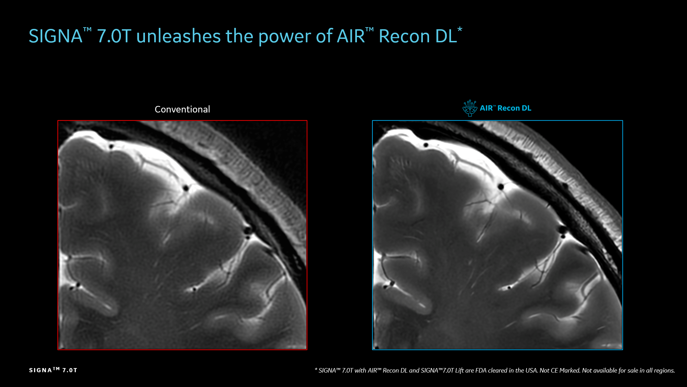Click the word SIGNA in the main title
(56, 36)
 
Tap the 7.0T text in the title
(114, 36)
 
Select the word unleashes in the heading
(179, 36)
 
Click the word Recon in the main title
(404, 36)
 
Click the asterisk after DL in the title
(460, 30)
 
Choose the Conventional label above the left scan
(182, 109)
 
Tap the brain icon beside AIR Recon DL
(470, 108)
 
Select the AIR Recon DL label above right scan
(505, 108)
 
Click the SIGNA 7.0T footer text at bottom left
(53, 370)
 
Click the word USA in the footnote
(531, 370)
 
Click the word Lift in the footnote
(460, 370)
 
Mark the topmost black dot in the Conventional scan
(111, 147)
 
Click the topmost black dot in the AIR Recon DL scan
(426, 145)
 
